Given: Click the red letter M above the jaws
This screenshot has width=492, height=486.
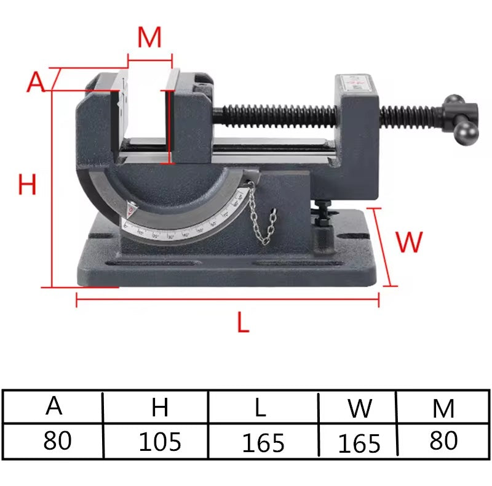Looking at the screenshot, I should [x=149, y=38].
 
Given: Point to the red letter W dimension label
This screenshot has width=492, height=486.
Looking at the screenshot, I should [x=409, y=242].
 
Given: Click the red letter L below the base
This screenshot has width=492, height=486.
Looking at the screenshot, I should [x=244, y=322].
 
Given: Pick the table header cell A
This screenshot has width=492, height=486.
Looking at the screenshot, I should [x=54, y=406].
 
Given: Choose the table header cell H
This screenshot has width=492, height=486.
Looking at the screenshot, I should [x=159, y=407].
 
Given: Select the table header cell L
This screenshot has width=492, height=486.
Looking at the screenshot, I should [x=263, y=407].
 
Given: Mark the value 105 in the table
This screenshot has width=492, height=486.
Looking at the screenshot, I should [x=159, y=442].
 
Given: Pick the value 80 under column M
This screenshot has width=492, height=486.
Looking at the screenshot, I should [x=443, y=440].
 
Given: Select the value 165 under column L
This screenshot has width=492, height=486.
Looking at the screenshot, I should [x=263, y=443].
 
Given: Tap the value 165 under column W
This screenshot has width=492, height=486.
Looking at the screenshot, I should [x=359, y=443].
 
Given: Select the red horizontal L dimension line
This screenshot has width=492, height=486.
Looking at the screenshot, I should [x=228, y=300].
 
